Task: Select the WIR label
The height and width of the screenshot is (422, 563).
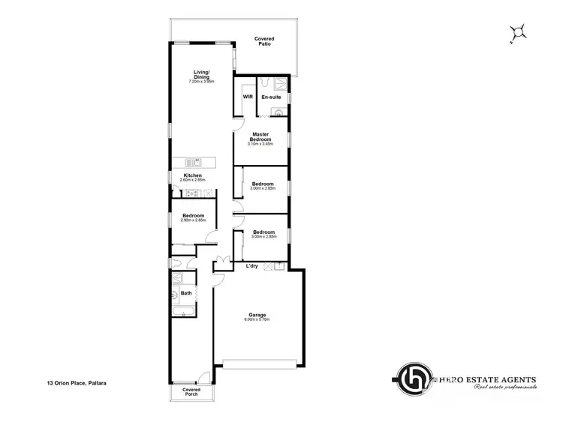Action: [246, 97]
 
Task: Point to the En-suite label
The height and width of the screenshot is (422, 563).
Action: [271, 97]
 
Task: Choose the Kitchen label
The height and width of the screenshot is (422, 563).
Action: [193, 175]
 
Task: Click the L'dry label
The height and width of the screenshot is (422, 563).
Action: [252, 265]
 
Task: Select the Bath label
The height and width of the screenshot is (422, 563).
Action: [185, 293]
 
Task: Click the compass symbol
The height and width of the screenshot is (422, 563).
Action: [517, 32]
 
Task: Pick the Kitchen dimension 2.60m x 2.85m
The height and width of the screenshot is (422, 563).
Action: [193, 181]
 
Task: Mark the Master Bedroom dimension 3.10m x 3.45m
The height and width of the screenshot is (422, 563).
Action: [260, 143]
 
